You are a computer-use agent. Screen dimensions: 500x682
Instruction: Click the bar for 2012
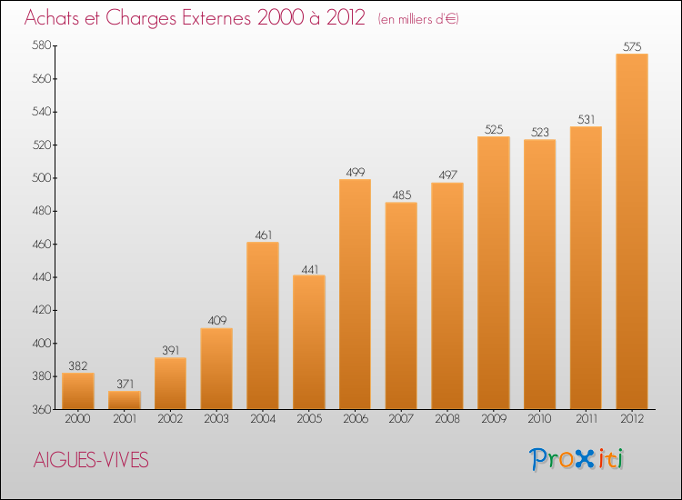(x=632, y=232)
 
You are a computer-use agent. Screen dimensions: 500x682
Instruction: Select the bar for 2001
(x=125, y=400)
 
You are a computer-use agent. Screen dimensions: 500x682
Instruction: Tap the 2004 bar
(x=263, y=325)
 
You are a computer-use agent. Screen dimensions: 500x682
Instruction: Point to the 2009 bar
(x=494, y=273)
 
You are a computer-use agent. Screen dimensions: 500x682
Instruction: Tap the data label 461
(x=263, y=235)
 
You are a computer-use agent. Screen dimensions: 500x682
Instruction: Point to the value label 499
(x=355, y=173)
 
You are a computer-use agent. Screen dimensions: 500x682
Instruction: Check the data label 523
(x=540, y=133)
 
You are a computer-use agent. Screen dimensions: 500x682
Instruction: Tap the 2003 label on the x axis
(x=216, y=420)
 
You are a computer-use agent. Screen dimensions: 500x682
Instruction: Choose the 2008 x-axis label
(x=447, y=420)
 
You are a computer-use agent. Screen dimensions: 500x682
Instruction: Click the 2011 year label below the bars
(x=586, y=420)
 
